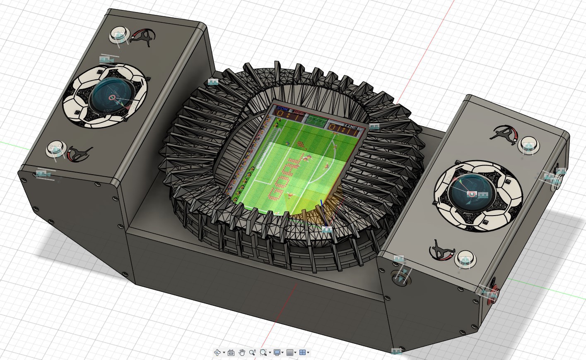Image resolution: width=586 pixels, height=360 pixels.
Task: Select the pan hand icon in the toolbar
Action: tap(242, 353)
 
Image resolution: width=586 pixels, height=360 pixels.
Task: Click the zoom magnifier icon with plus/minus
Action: tap(252, 353)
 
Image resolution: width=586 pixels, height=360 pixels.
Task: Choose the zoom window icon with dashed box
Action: tap(263, 353)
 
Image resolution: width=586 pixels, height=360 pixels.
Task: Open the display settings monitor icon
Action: tap(277, 353)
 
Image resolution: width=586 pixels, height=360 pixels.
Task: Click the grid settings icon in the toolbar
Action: tap(290, 353)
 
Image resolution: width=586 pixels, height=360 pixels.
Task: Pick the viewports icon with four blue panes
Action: tap(302, 353)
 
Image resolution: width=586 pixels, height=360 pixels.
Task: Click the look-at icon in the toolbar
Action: tap(231, 353)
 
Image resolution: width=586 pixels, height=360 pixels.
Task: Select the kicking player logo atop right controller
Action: tap(504, 133)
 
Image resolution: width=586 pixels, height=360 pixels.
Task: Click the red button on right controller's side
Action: tap(493, 295)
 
